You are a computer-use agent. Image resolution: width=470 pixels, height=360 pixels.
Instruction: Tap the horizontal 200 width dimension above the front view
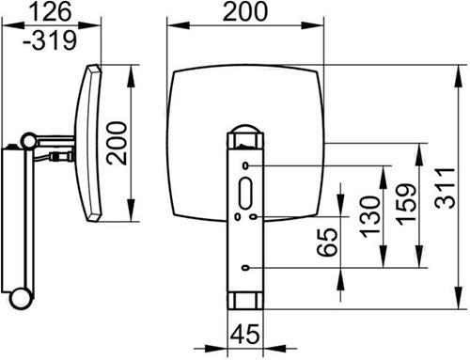click(246, 12)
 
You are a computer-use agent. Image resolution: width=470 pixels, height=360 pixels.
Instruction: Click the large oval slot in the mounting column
click(245, 193)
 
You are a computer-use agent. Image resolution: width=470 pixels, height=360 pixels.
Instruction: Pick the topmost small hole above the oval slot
click(245, 165)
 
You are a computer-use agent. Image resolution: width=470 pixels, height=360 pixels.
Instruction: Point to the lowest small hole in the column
click(245, 270)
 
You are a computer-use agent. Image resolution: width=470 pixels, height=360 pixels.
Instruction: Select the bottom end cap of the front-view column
click(245, 302)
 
